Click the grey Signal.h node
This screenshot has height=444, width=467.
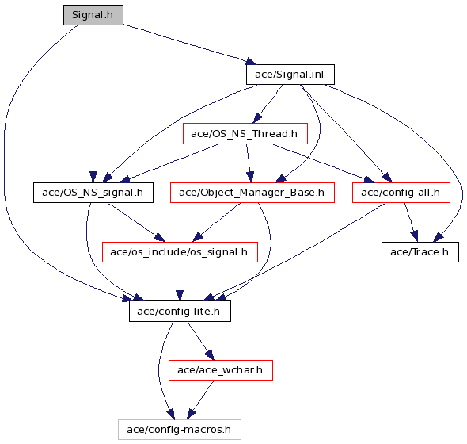(x=93, y=15)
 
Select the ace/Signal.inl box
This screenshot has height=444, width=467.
(x=290, y=75)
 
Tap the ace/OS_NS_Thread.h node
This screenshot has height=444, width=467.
(x=245, y=134)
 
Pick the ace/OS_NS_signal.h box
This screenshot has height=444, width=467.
(x=93, y=193)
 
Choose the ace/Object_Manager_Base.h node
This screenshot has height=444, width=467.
(x=252, y=193)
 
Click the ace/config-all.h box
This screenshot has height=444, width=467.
(x=401, y=193)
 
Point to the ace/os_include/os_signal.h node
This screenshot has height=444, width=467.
(x=180, y=252)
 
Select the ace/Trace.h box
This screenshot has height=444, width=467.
(x=420, y=252)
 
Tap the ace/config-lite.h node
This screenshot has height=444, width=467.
(x=180, y=312)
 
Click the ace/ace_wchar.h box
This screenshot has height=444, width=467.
(x=221, y=370)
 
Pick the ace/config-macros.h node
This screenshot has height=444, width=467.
(x=180, y=430)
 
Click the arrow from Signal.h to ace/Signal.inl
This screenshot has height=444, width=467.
(x=190, y=44)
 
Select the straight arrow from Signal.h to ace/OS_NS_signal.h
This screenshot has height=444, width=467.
(x=93, y=104)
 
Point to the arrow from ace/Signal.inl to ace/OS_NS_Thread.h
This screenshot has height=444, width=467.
(x=268, y=104)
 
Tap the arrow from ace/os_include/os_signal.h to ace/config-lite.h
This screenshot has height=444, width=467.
(x=180, y=281)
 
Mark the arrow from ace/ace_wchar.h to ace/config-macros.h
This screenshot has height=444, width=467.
(x=200, y=400)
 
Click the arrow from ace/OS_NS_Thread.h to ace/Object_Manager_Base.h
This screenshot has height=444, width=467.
(x=249, y=163)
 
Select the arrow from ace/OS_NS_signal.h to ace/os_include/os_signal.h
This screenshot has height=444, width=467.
(x=136, y=222)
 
